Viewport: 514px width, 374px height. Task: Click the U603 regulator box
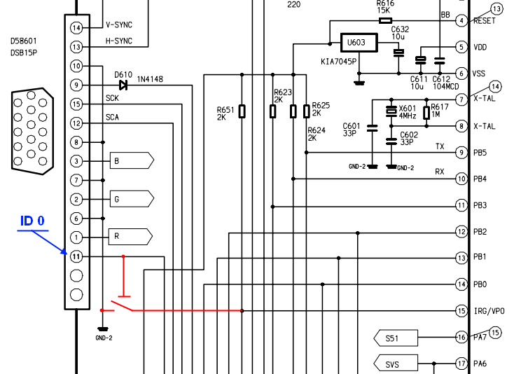coord(358,43)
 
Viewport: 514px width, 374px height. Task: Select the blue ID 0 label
coord(32,221)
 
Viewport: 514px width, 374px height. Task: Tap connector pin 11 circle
coord(76,256)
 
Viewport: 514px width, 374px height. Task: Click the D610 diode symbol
coord(123,85)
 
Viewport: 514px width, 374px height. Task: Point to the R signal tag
coord(130,237)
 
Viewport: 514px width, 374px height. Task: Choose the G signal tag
coord(130,200)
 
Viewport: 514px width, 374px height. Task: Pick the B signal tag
coord(130,161)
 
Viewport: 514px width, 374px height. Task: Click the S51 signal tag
coord(396,338)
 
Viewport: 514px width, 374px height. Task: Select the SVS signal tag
coord(396,363)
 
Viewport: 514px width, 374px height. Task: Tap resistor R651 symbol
coord(242,111)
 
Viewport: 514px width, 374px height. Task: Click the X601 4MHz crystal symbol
coord(391,111)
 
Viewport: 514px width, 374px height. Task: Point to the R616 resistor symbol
coord(384,20)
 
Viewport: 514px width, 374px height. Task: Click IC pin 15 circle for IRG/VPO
coord(461,311)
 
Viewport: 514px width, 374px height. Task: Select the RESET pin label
coord(485,21)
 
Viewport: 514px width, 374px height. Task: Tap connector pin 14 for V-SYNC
coord(76,27)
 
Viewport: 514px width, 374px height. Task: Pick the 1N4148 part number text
coord(150,78)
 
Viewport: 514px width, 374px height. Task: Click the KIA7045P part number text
coord(340,62)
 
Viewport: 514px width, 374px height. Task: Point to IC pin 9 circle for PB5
coord(461,152)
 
